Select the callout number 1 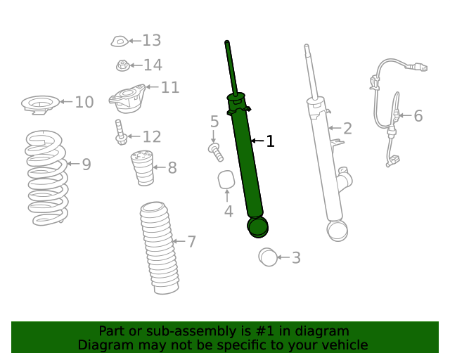[x=269, y=141]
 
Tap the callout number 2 [x=347, y=128]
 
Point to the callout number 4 [x=229, y=212]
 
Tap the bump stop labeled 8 [x=143, y=169]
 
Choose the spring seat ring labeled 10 [x=40, y=105]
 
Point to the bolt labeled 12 [x=121, y=133]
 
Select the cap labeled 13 [x=119, y=42]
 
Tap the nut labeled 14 [x=122, y=66]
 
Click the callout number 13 [x=152, y=41]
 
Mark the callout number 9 [x=86, y=165]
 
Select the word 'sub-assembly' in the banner [x=176, y=331]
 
